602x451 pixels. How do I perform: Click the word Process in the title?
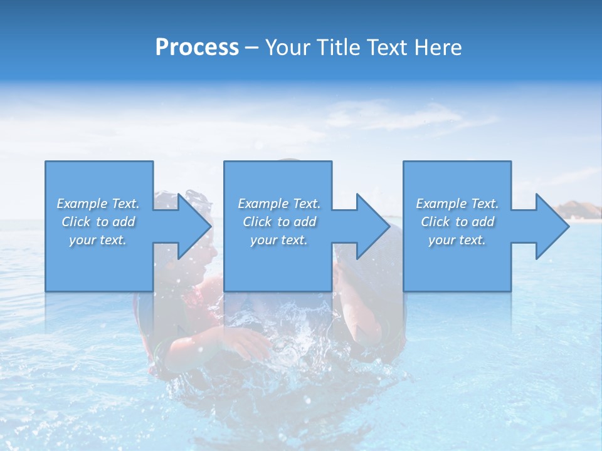tap(197, 48)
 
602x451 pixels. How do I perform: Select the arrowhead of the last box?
tap(551, 226)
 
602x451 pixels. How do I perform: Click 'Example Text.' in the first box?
tap(98, 204)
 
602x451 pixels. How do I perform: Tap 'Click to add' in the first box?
tap(98, 222)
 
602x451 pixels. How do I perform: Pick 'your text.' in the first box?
tap(98, 240)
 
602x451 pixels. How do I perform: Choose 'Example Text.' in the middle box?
tap(279, 204)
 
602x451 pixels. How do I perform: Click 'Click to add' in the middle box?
tap(279, 222)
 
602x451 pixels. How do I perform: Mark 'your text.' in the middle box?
tap(279, 240)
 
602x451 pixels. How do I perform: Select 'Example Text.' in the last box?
tap(457, 204)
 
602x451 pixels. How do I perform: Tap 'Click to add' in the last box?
tap(457, 222)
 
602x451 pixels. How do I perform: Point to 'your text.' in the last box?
tap(457, 240)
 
